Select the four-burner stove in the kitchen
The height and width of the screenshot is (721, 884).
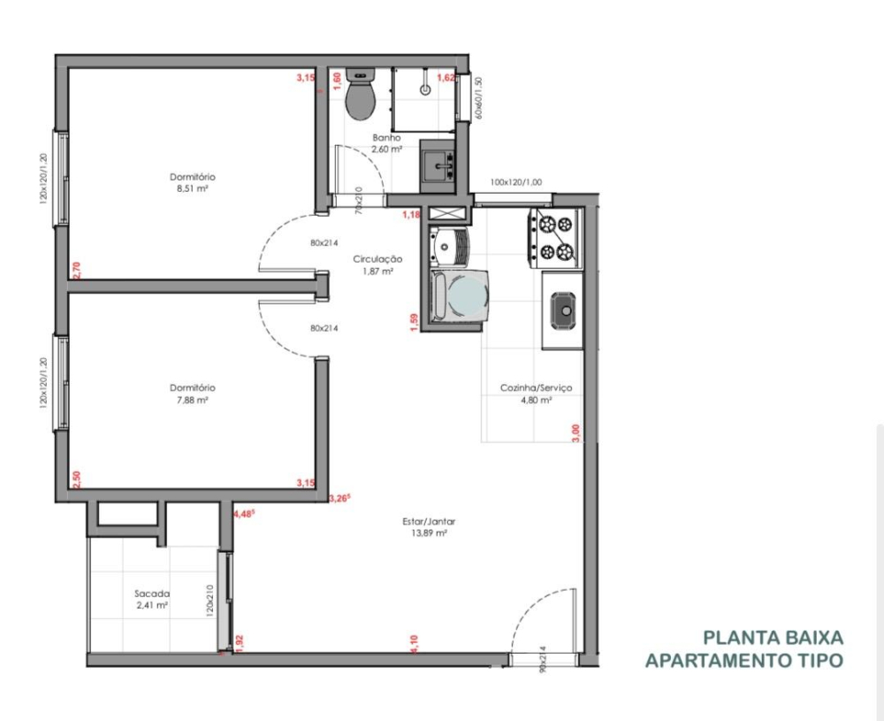pos(555,237)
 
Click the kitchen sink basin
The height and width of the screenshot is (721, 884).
pos(563,310)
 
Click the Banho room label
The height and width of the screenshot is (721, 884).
pos(386,138)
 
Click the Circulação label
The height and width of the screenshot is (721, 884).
pos(377,259)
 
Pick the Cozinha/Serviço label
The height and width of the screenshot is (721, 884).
pos(537,388)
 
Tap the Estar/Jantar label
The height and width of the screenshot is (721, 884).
pos(429,522)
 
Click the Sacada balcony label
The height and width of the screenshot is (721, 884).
pos(152,594)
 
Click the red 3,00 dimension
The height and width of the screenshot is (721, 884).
pos(575,432)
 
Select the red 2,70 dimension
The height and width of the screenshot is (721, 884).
pos(76,270)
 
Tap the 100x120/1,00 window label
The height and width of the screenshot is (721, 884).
pos(516,182)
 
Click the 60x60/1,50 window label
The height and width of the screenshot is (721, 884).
pos(478,97)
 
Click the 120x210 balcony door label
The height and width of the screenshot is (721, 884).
pos(210,602)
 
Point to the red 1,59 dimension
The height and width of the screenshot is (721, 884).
pos(414,322)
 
